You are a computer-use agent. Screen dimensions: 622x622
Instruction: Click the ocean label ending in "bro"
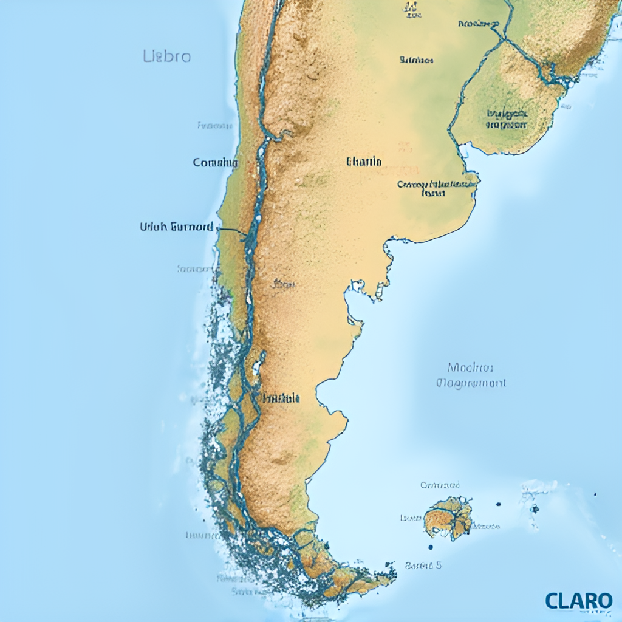tap(167, 57)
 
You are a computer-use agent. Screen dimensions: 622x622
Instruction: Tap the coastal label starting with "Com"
tap(215, 163)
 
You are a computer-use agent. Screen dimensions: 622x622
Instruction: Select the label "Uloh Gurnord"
tap(176, 227)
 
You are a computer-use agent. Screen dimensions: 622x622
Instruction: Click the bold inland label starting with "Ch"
tap(364, 162)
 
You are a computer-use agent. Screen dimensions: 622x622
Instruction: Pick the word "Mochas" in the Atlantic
tap(470, 367)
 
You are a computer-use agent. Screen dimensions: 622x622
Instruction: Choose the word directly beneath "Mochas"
tap(471, 383)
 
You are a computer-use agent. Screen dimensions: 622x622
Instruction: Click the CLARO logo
tap(578, 601)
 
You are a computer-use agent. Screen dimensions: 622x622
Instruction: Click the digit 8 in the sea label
tap(439, 565)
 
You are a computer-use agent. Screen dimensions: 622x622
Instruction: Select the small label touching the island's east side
tap(487, 526)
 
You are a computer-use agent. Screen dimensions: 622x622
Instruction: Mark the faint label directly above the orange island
tap(440, 485)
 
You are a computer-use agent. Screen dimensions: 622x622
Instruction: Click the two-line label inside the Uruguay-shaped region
tap(507, 118)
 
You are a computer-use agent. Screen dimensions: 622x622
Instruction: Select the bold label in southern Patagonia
tap(281, 398)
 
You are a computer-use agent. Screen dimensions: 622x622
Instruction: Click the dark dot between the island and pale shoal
tap(498, 504)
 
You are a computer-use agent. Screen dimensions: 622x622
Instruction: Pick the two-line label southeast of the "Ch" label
tap(437, 188)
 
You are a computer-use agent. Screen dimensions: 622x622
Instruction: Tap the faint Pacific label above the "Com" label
tap(215, 126)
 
